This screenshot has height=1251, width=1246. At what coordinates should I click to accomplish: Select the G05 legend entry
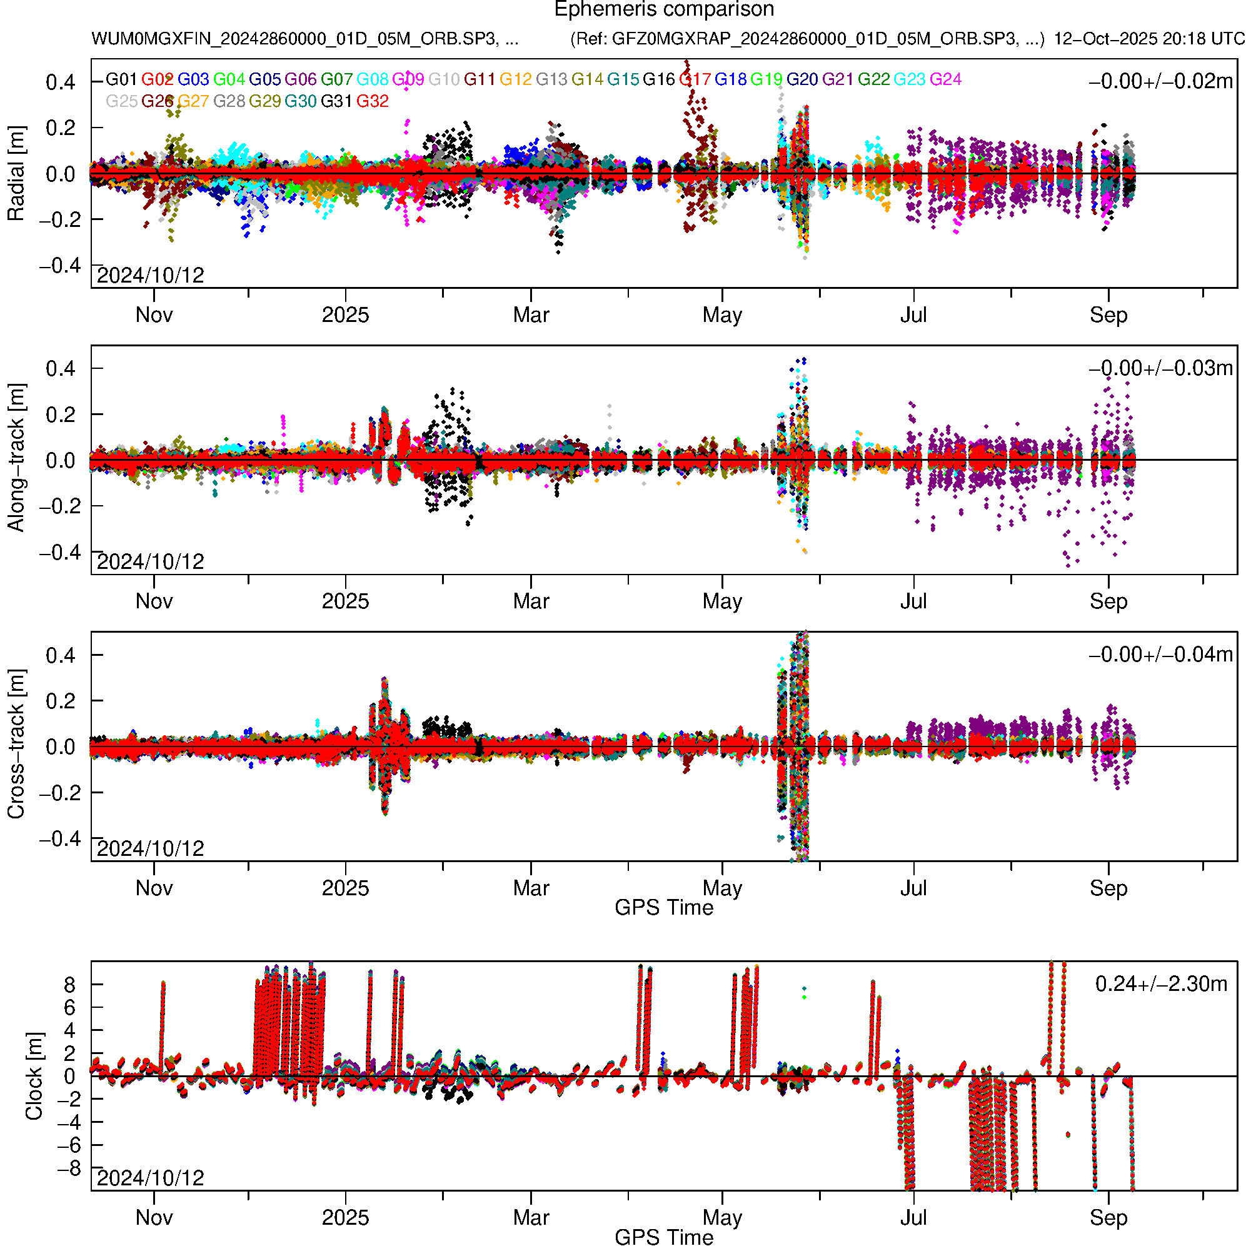(264, 79)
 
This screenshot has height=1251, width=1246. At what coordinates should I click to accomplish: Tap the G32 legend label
(373, 101)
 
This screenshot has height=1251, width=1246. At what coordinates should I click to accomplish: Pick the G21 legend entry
(837, 79)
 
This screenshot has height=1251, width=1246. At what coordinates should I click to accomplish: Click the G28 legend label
(229, 101)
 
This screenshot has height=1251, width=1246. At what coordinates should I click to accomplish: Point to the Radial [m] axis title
(16, 174)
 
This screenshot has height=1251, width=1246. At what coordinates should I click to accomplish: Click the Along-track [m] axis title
(16, 458)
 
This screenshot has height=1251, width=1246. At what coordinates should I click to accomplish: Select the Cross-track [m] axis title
(16, 745)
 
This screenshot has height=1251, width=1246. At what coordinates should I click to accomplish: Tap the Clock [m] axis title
(34, 1076)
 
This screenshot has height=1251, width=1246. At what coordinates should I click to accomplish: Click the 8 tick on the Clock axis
(69, 985)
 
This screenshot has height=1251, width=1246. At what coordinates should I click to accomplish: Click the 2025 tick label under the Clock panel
(345, 1217)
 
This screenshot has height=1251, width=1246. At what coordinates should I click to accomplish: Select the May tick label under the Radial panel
(722, 315)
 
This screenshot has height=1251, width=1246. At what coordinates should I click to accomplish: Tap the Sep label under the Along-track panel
(1108, 601)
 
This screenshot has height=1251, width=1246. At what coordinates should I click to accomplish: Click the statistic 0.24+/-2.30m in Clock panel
(1161, 984)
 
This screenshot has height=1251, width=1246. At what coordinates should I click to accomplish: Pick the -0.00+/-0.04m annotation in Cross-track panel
(1160, 655)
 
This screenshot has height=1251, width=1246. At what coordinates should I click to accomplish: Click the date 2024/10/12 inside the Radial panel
(150, 275)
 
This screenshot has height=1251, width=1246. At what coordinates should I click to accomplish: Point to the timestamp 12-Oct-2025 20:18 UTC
(1149, 39)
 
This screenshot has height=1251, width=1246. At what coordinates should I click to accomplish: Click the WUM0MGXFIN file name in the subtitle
(304, 39)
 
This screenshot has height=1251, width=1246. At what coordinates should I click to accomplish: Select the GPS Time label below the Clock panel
(664, 1237)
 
